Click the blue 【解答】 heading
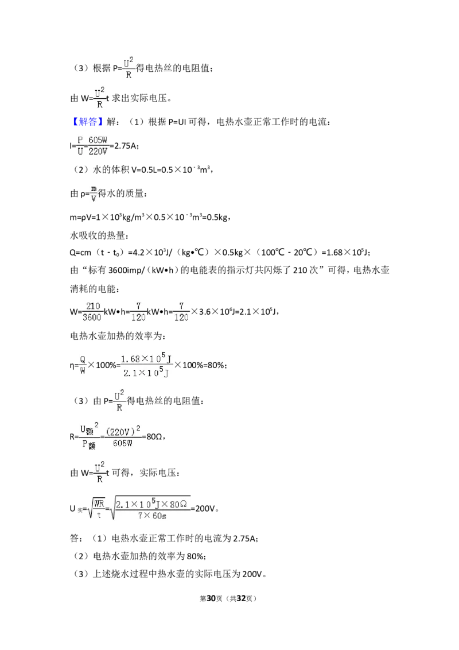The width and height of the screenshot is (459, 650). coord(85,122)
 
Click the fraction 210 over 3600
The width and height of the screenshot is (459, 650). coord(92,312)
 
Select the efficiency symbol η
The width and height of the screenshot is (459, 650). coord(72,365)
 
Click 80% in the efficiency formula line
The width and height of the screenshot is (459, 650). coord(215,365)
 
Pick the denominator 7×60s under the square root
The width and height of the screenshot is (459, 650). coord(152,515)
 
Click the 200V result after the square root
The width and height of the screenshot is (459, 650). coord(205,508)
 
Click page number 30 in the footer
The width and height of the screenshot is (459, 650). coord(211,598)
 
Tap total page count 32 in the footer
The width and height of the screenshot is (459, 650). coord(241,598)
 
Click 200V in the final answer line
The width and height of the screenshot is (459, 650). coord(252,574)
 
